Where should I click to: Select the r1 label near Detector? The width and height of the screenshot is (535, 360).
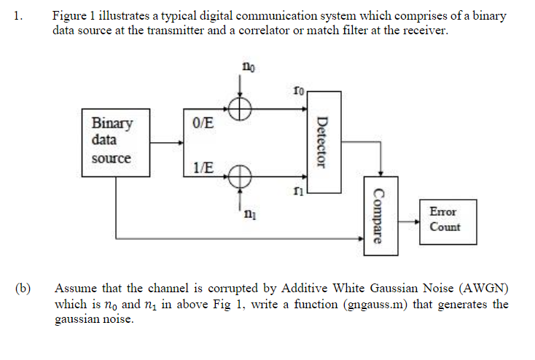[x=298, y=191]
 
